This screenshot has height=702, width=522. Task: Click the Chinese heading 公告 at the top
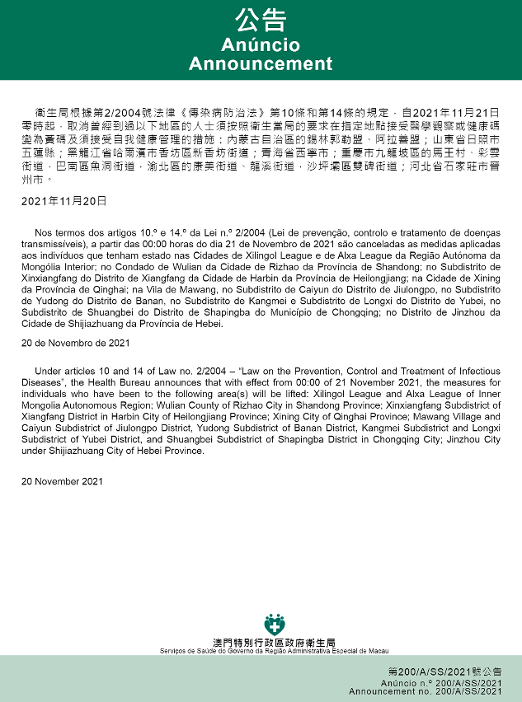tap(261, 20)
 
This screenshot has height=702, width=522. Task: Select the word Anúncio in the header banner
tap(261, 44)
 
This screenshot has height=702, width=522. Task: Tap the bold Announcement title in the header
tap(261, 63)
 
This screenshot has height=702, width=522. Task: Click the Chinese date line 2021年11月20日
tap(63, 201)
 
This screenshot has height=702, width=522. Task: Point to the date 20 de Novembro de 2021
tap(76, 342)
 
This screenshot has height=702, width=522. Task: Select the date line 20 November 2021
tap(63, 481)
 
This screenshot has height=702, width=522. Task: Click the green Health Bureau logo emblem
tap(272, 624)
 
